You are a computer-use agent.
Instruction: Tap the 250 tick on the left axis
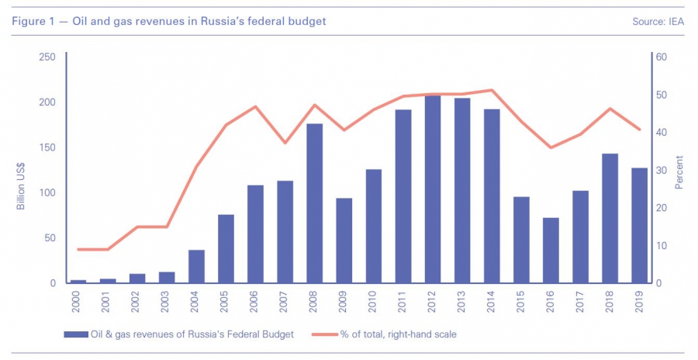47,57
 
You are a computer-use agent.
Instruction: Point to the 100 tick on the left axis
47,192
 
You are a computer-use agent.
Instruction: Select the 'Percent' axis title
679,172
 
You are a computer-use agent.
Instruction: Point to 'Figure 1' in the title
33,21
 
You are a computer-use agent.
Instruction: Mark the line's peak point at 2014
492,90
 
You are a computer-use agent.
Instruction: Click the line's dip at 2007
285,143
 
